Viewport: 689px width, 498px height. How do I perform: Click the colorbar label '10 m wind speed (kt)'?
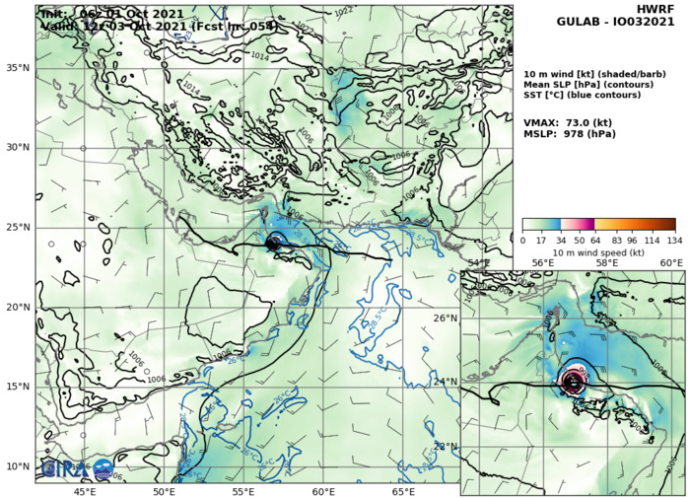[598, 252]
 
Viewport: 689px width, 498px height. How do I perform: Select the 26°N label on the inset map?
[447, 318]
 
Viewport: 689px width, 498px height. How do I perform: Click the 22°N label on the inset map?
[447, 446]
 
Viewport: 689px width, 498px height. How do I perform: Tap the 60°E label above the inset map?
[670, 263]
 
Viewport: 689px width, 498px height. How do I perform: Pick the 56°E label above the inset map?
[542, 263]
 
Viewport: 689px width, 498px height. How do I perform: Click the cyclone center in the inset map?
[573, 381]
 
